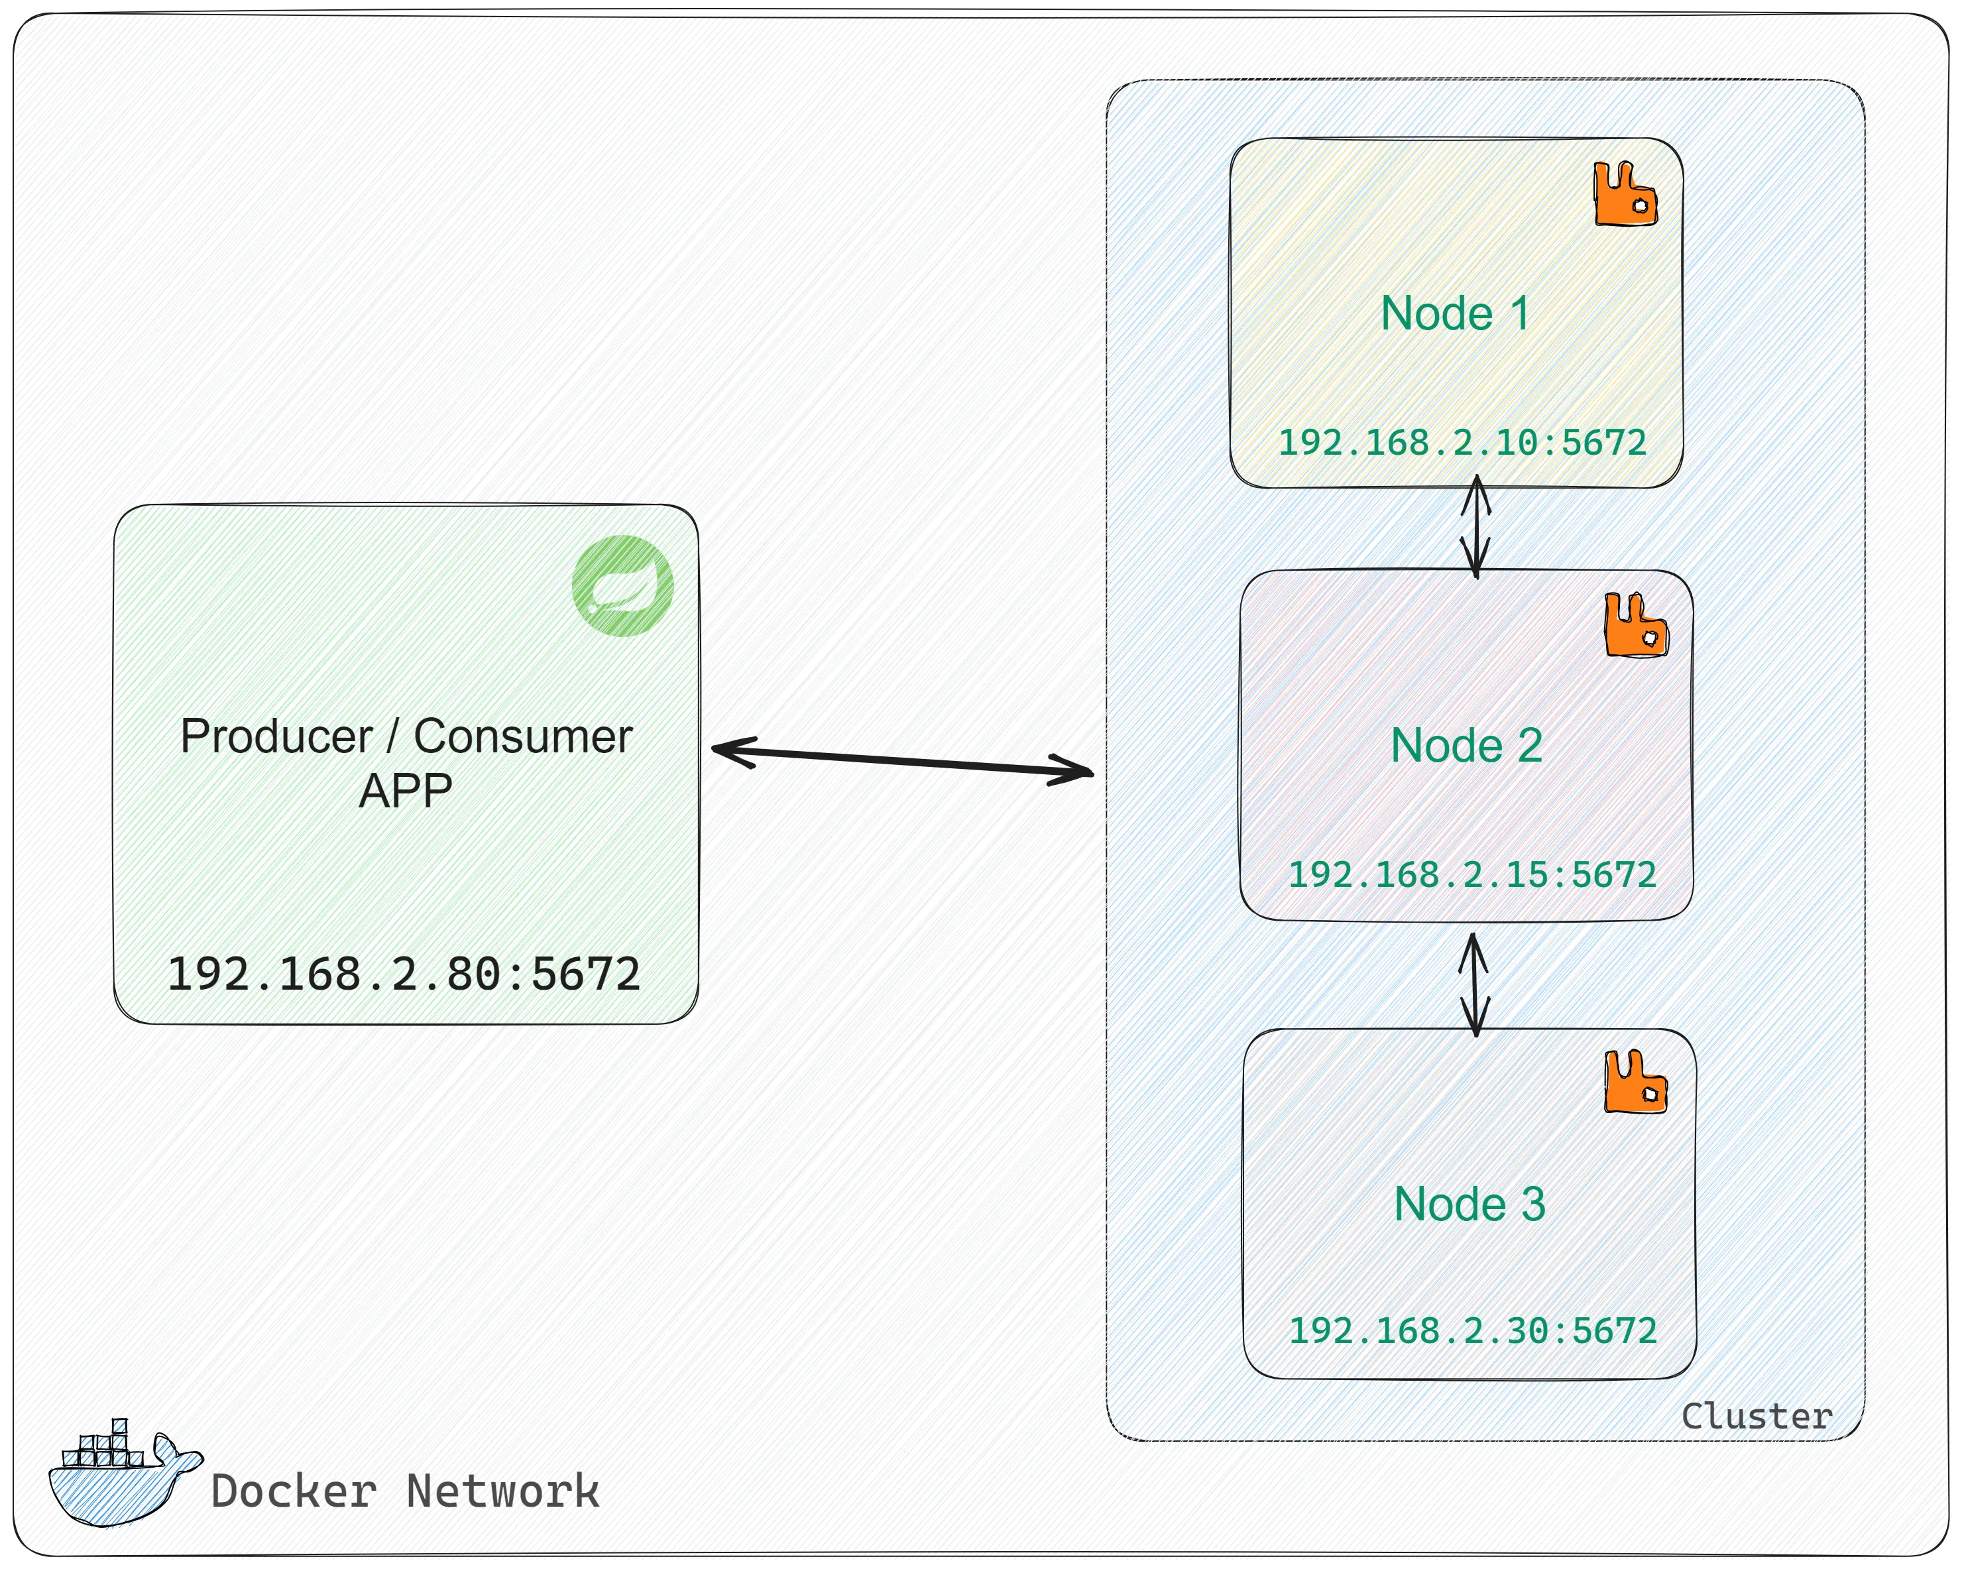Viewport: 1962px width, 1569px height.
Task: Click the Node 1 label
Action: click(1454, 314)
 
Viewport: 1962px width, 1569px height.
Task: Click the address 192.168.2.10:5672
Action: click(1462, 443)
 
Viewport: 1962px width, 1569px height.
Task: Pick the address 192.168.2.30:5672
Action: click(1472, 1332)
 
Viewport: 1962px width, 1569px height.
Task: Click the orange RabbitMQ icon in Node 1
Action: click(1625, 193)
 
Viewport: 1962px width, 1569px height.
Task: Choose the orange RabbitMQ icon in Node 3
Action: click(1635, 1081)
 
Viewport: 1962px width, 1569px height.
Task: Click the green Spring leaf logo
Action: click(622, 585)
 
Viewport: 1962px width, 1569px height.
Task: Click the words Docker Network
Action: click(405, 1491)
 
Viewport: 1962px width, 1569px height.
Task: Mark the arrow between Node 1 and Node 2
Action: click(1475, 527)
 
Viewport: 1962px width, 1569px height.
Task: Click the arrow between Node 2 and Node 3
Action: click(1474, 985)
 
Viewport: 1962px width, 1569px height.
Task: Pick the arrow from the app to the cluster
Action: click(902, 762)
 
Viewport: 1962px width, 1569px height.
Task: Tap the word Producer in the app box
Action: click(276, 736)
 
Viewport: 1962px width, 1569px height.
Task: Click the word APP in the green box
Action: click(405, 791)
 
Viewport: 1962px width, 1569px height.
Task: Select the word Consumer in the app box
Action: click(523, 736)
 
